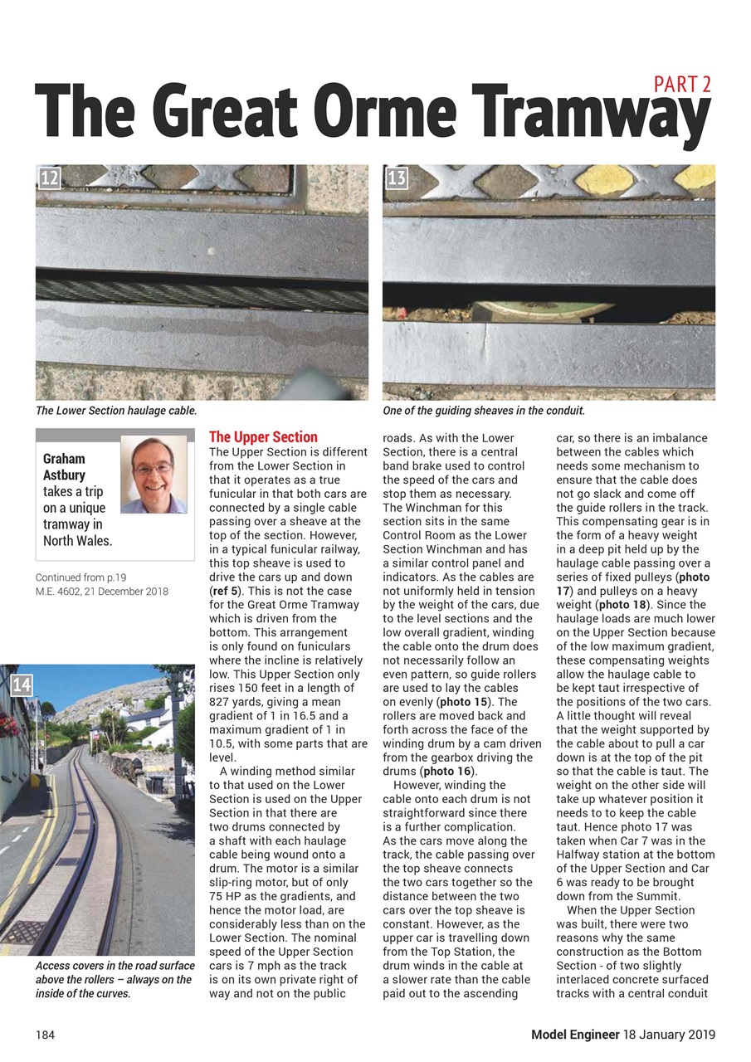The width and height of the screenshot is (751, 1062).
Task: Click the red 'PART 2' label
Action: pos(682,84)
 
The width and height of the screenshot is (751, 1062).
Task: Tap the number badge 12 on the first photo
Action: pos(49,177)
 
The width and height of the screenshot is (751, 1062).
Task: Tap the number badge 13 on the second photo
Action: pos(397,177)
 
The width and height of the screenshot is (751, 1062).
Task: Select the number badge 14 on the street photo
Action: pos(22,684)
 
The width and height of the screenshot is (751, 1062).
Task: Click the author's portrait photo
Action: pos(154,474)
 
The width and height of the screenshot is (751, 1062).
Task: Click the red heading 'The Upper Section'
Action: pos(263,437)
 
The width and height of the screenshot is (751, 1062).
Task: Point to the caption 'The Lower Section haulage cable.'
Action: pos(116,411)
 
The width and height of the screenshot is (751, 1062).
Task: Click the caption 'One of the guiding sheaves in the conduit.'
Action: pos(484,411)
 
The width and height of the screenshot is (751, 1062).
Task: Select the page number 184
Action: pos(46,1035)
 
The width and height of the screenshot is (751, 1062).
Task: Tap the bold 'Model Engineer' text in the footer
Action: pos(576,1035)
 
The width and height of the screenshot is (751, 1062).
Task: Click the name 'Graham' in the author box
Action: pos(64,458)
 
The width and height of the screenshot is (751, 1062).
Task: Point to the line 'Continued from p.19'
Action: pos(81,577)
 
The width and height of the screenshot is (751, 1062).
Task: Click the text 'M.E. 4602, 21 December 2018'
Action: pos(102,592)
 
